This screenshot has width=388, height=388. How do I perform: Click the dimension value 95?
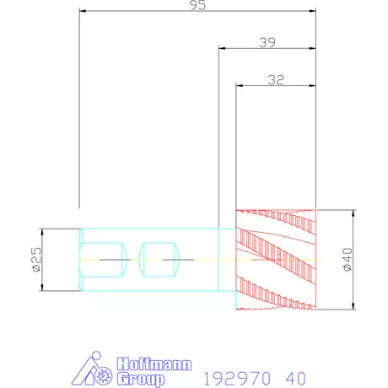click(x=198, y=5)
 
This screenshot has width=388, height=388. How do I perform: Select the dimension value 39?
click(x=267, y=42)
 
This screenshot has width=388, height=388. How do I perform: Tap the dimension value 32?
click(x=276, y=80)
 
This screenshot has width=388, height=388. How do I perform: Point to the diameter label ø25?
click(x=37, y=260)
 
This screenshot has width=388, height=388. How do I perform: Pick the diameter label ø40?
click(x=348, y=259)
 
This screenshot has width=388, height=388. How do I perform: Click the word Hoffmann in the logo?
click(x=154, y=364)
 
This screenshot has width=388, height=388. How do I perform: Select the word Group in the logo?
click(x=141, y=379)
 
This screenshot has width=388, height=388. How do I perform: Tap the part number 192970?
click(x=237, y=379)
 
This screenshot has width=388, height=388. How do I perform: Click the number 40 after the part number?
click(x=295, y=379)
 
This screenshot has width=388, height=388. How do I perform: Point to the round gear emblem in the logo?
click(x=104, y=375)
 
